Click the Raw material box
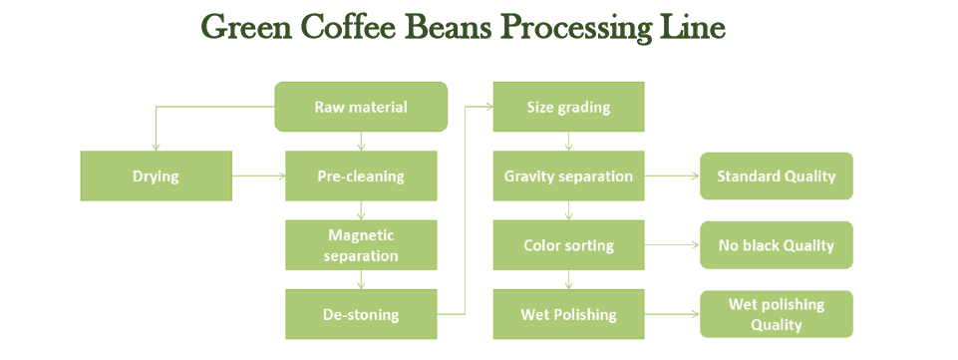click(x=361, y=107)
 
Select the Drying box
click(x=156, y=177)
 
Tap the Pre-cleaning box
click(x=361, y=177)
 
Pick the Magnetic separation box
click(x=361, y=245)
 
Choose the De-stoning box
click(x=361, y=314)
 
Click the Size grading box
click(x=568, y=107)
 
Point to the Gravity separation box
click(x=568, y=177)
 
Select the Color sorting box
click(x=568, y=245)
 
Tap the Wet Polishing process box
click(x=568, y=314)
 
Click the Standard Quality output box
click(x=776, y=177)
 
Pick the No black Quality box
click(x=776, y=245)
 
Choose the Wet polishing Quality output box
click(x=776, y=314)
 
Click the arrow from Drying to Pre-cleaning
click(x=258, y=177)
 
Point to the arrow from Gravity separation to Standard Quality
click(x=672, y=177)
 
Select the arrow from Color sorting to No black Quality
click(x=672, y=245)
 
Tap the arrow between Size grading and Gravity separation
click(x=569, y=142)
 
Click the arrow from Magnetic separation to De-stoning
click(x=361, y=279)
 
